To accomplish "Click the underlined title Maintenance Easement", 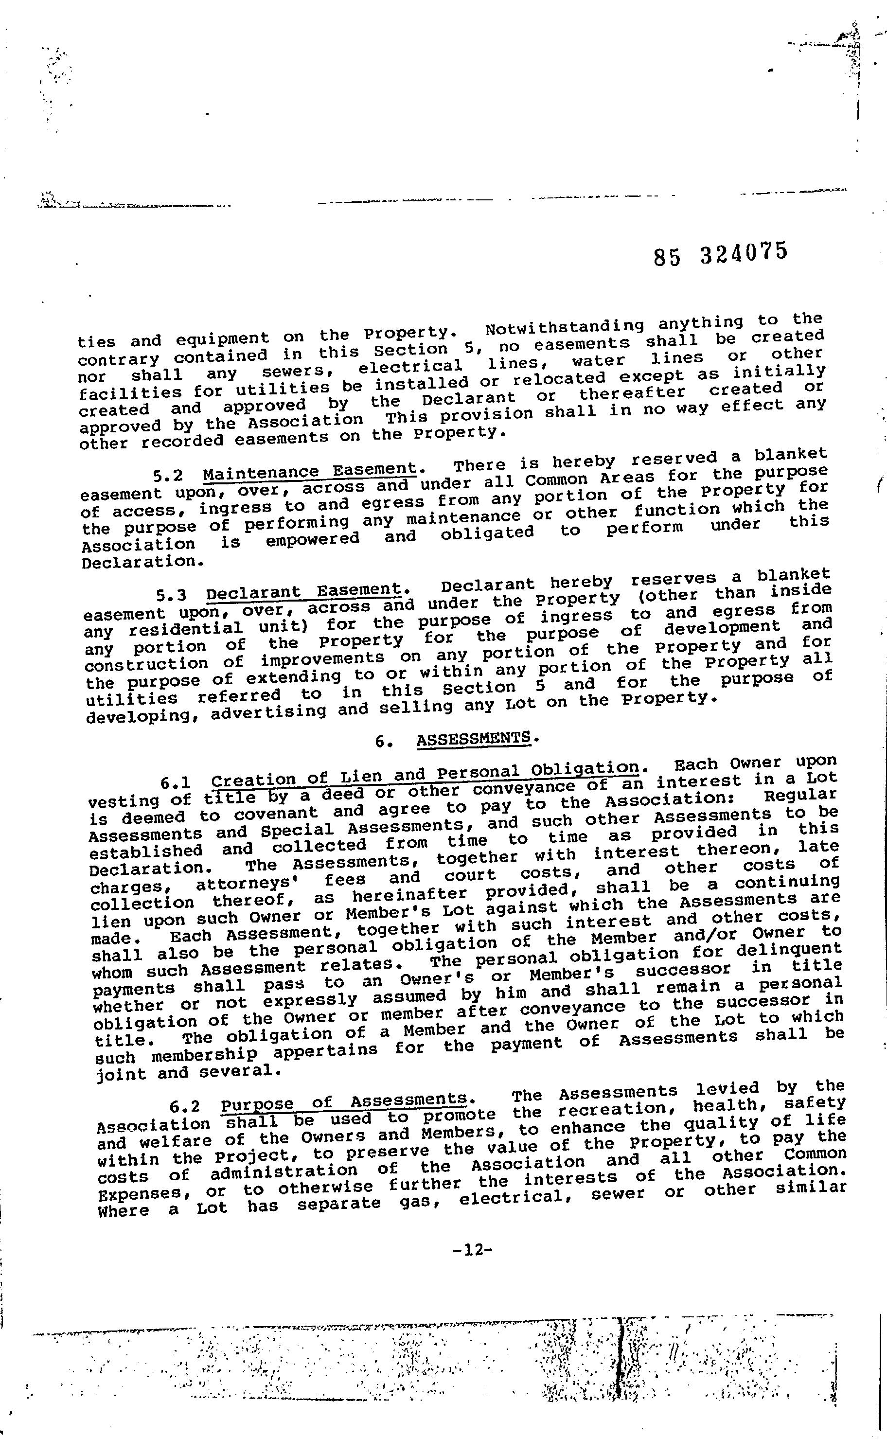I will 310,472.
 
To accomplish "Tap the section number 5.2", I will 168,476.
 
